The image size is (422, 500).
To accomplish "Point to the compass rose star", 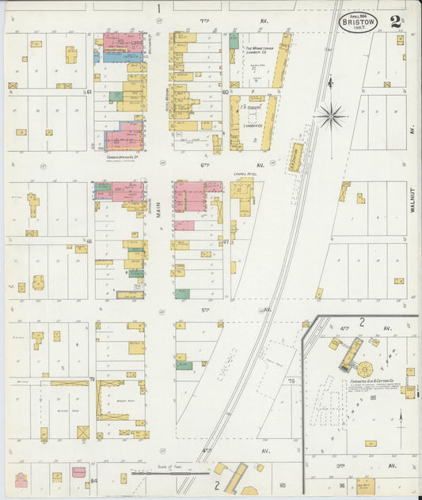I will click(332, 117).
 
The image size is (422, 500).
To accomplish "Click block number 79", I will click(92, 381).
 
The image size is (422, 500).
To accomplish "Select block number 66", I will click(90, 241).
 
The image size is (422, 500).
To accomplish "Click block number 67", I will click(226, 241).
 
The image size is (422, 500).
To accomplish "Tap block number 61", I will click(90, 92).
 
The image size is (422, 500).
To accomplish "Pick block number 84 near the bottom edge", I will click(93, 480).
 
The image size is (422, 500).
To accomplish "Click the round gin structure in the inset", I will click(365, 369).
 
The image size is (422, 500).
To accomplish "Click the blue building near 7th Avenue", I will click(112, 57).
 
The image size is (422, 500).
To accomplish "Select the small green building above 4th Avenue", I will click(184, 366).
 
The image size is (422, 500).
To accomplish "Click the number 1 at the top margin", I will click(158, 8).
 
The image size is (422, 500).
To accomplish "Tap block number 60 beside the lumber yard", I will click(226, 92).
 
